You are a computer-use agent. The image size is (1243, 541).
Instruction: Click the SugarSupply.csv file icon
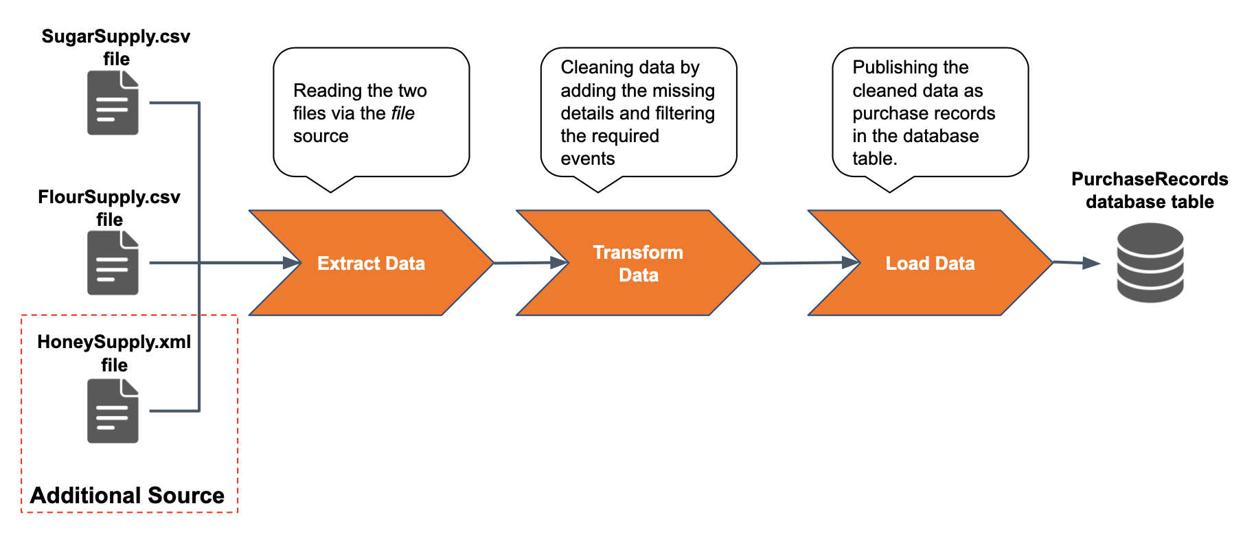click(113, 103)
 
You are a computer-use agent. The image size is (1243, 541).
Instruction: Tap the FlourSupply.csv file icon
click(113, 263)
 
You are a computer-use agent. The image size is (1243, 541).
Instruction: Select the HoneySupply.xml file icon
click(113, 411)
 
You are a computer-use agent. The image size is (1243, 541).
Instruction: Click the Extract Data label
click(371, 264)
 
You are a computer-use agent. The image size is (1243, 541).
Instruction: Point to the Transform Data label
click(639, 264)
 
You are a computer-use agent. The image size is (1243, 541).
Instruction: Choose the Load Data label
click(930, 264)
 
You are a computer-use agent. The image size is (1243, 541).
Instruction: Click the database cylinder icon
click(1150, 262)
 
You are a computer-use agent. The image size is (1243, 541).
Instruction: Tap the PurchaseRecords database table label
click(1150, 190)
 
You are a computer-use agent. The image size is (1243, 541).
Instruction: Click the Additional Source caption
click(127, 495)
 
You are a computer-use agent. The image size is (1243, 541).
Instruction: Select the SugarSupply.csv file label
click(116, 47)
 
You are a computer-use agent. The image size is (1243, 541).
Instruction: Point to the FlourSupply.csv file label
click(109, 208)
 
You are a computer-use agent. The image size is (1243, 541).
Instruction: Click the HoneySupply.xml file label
click(114, 353)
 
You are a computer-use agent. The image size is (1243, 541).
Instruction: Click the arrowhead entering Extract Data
click(293, 262)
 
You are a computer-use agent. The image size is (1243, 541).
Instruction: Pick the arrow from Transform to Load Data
click(810, 262)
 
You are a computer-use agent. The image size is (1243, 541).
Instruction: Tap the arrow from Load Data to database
click(1077, 262)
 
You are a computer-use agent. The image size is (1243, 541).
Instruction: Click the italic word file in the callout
click(403, 113)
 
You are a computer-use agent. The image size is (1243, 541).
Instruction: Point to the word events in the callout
click(588, 159)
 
